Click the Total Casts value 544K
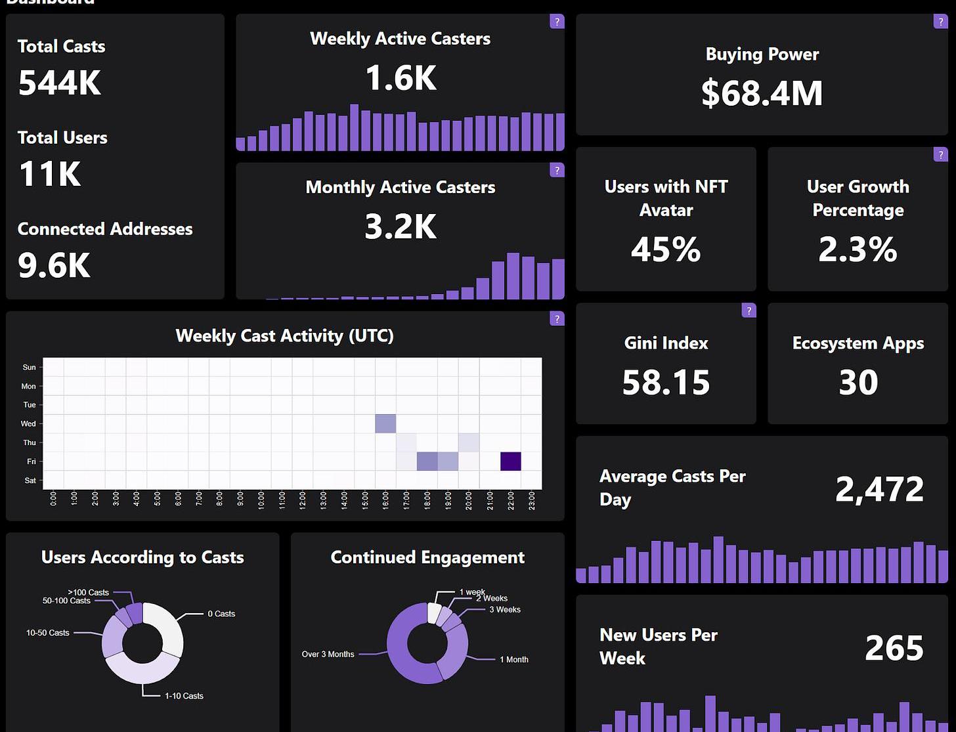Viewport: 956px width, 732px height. click(60, 83)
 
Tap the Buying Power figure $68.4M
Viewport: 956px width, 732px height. click(762, 93)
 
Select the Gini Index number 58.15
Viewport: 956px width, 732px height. click(666, 382)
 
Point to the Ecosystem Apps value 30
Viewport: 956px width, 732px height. click(858, 382)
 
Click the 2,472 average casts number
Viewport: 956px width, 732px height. click(879, 489)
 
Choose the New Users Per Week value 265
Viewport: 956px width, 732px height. click(894, 648)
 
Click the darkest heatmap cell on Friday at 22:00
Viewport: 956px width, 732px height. click(511, 462)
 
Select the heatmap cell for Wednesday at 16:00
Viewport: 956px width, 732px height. click(385, 423)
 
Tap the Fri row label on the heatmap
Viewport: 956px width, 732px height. click(31, 462)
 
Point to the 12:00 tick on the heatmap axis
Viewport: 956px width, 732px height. click(303, 500)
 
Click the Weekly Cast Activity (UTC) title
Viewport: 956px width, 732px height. click(284, 335)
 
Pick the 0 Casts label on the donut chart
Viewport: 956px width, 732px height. click(221, 614)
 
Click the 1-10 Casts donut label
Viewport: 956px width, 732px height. click(184, 696)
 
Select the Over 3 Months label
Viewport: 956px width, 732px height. click(328, 655)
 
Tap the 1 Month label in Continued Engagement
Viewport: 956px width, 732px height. click(514, 660)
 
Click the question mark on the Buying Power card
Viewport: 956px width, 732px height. click(940, 22)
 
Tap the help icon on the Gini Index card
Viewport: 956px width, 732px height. click(749, 311)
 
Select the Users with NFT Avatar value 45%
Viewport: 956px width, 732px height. click(666, 249)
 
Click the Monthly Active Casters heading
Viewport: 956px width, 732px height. click(400, 187)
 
